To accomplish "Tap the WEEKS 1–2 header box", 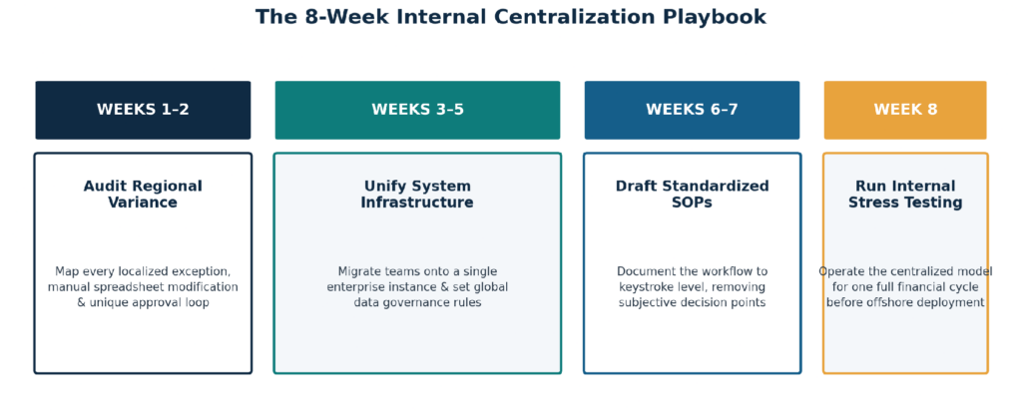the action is coord(143,110).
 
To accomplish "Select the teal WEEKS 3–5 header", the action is coord(417,110).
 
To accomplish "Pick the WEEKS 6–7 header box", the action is coord(692,110).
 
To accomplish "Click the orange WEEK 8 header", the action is coord(905,110).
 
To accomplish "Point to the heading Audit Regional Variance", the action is coord(143,195).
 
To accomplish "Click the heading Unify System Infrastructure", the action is coord(417,195).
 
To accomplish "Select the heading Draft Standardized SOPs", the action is coord(692,195).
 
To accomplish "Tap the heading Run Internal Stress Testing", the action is coord(905,195).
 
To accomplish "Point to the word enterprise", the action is coord(358,287).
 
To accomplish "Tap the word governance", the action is coord(417,303).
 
